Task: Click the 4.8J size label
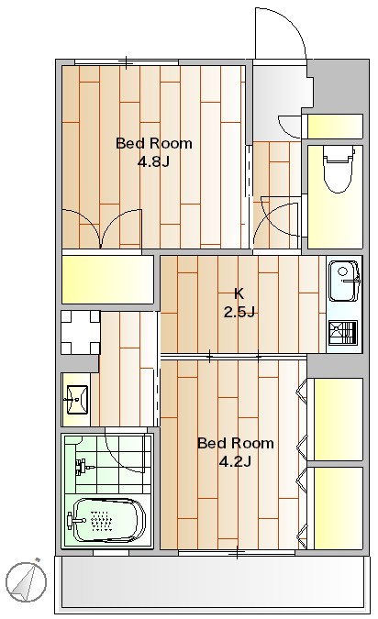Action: [153, 161]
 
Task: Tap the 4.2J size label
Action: [236, 461]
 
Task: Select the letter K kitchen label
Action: [239, 293]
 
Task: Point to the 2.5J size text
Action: [239, 313]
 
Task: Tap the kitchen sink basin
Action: [344, 281]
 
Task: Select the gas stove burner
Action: [343, 332]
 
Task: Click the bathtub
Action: [106, 521]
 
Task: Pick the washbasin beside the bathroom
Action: [77, 400]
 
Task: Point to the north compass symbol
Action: [27, 581]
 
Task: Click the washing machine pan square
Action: [81, 332]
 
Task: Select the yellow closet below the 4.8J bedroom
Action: [107, 280]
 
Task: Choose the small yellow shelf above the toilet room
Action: [335, 127]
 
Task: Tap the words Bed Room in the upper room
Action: [153, 143]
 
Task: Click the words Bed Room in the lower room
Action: [236, 443]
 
